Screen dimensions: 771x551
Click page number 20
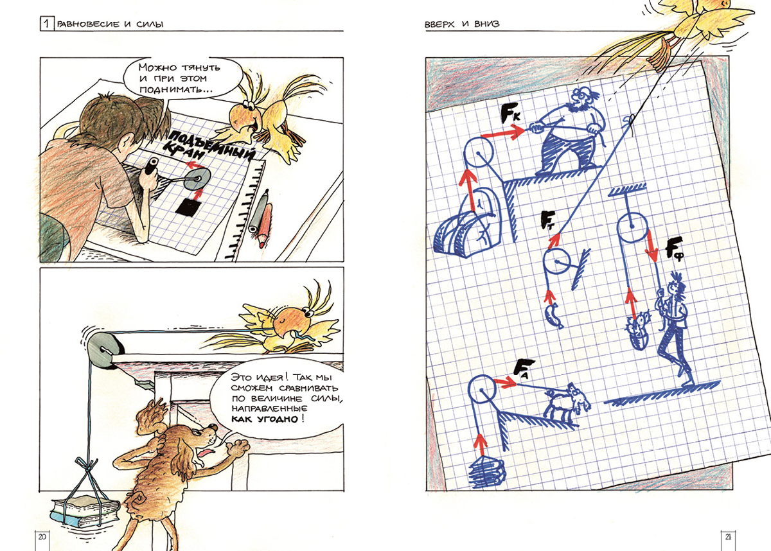click(42, 537)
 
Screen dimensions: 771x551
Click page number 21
click(728, 537)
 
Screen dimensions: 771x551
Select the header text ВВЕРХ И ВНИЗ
click(462, 24)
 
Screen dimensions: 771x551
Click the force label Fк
click(510, 113)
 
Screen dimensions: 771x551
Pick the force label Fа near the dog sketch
click(523, 369)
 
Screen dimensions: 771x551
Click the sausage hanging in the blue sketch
click(554, 316)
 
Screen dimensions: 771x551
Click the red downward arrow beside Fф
click(652, 246)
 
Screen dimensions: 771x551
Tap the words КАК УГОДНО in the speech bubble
click(264, 419)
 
